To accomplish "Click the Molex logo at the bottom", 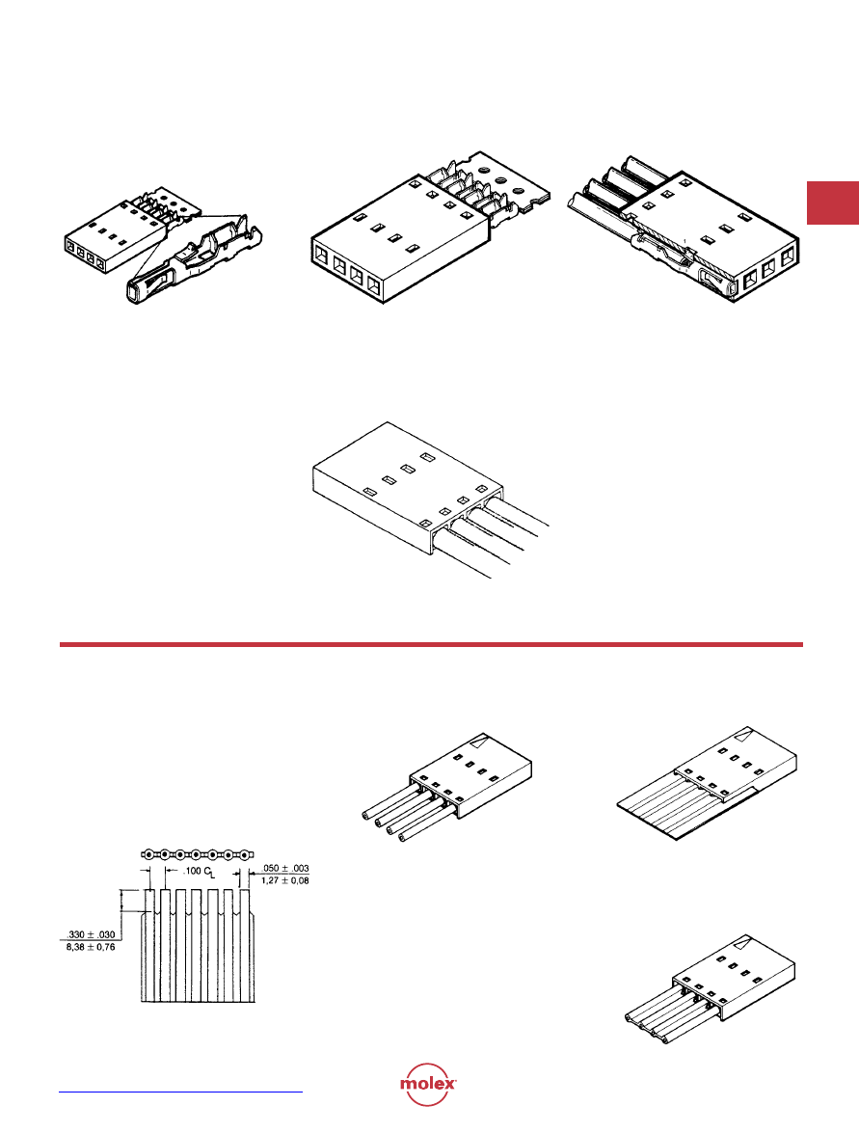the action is click(428, 1084).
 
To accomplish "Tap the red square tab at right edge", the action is click(832, 202).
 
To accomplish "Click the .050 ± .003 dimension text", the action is click(284, 868).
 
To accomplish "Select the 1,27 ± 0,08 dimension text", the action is click(284, 880).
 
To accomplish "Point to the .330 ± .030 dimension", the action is click(91, 934).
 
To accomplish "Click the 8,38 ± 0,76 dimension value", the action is click(91, 947).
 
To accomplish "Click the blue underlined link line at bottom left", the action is click(180, 1092).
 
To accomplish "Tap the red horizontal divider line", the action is click(431, 644).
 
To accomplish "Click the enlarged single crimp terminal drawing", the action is click(195, 261).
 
